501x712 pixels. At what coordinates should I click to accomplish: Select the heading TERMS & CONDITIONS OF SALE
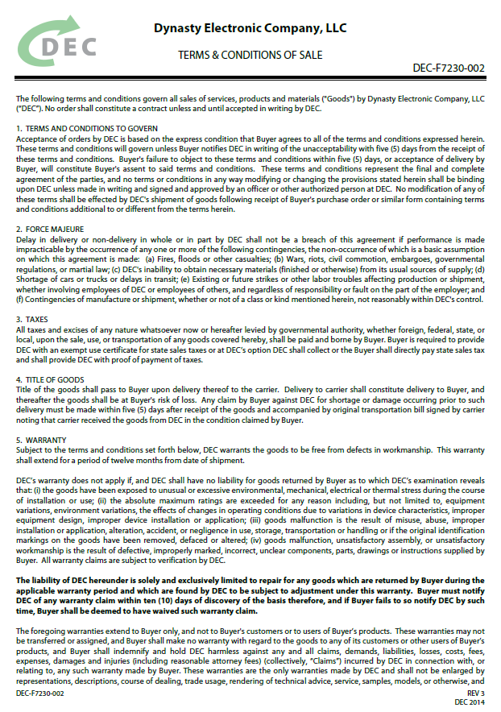tap(250, 55)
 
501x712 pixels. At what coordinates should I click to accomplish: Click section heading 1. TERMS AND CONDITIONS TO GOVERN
tap(87, 129)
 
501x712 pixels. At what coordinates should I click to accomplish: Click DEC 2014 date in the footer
tap(471, 702)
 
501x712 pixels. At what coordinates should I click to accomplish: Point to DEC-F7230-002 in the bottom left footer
tap(41, 692)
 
